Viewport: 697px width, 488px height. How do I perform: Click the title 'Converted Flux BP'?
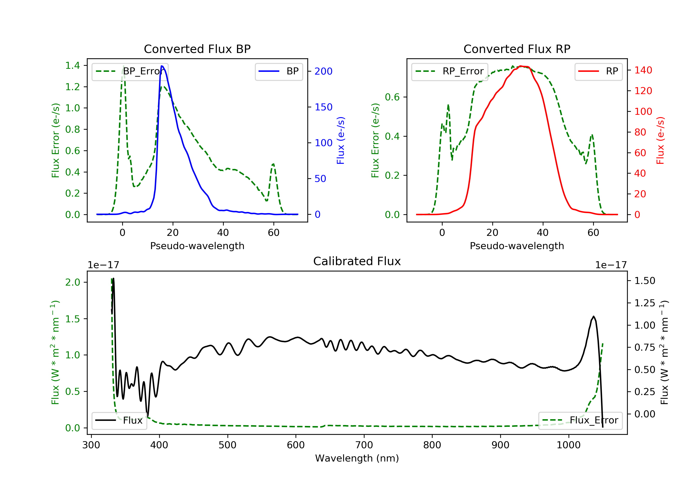[x=197, y=49]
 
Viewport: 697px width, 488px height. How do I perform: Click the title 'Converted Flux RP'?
[x=517, y=49]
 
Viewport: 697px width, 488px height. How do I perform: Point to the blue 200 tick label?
[x=323, y=71]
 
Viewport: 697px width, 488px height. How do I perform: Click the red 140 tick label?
[x=643, y=70]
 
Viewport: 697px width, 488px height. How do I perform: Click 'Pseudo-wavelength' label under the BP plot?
[x=197, y=246]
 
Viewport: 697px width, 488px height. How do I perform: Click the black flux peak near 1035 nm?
[x=593, y=317]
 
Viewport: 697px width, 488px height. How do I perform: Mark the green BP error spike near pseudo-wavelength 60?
[x=273, y=164]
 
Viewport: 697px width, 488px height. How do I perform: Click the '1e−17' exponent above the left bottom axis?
[x=103, y=265]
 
